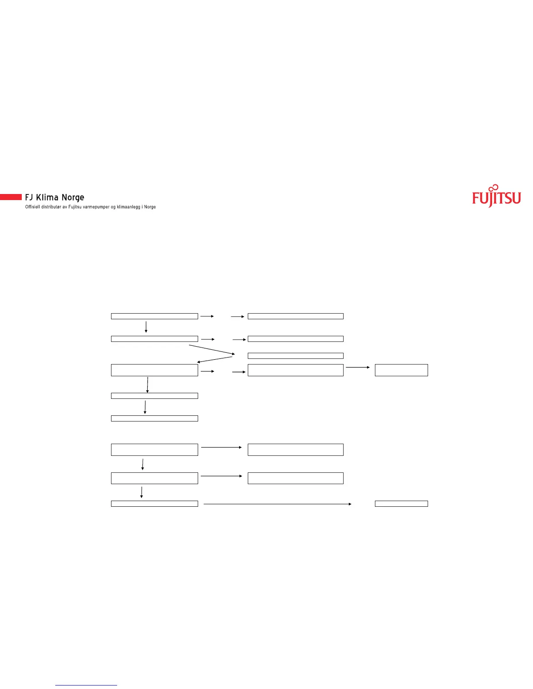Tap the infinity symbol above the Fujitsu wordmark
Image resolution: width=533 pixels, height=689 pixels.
point(493,187)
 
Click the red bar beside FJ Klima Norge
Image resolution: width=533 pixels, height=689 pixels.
point(11,197)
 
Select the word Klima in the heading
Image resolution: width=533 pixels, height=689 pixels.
point(47,197)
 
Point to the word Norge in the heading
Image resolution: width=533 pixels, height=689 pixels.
point(73,197)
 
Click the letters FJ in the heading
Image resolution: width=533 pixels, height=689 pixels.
point(29,197)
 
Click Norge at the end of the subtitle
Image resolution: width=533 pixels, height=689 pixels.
point(150,207)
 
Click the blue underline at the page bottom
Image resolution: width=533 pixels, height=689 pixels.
point(86,685)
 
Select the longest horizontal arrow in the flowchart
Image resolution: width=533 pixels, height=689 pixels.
point(277,504)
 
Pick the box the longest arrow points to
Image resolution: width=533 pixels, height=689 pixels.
point(401,504)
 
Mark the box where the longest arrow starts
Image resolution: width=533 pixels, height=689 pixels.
point(154,504)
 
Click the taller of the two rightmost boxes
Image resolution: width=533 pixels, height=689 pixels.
point(401,370)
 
